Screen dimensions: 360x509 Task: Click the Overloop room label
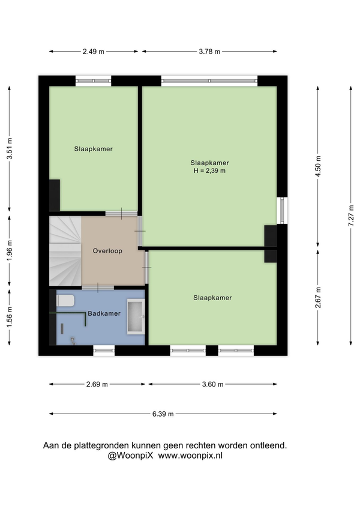pyautogui.click(x=107, y=251)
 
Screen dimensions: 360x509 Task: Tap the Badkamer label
pyautogui.click(x=104, y=313)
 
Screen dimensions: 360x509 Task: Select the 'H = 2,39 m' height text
pyautogui.click(x=209, y=170)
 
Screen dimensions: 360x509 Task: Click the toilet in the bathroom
pyautogui.click(x=65, y=301)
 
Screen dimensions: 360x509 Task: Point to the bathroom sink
pyautogui.click(x=136, y=316)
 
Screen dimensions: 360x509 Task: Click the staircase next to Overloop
pyautogui.click(x=65, y=251)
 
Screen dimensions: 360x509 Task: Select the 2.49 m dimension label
pyautogui.click(x=94, y=52)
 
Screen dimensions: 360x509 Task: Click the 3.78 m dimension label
pyautogui.click(x=209, y=52)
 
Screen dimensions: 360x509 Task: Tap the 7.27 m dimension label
pyautogui.click(x=351, y=216)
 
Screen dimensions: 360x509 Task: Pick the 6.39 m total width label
pyautogui.click(x=163, y=414)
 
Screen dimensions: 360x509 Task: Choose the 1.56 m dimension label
pyautogui.click(x=10, y=317)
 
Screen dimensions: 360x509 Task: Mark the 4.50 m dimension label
pyautogui.click(x=318, y=166)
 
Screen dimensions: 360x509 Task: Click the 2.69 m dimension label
pyautogui.click(x=97, y=384)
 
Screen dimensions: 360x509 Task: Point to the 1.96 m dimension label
pyautogui.click(x=10, y=251)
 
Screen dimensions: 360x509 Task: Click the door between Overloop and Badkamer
pyautogui.click(x=98, y=288)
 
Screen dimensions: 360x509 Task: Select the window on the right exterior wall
pyautogui.click(x=282, y=210)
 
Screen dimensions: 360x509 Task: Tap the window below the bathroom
pyautogui.click(x=104, y=351)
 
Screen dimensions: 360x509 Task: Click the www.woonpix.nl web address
pyautogui.click(x=191, y=456)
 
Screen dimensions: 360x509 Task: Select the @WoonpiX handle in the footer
pyautogui.click(x=130, y=456)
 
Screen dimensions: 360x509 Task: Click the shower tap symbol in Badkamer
pyautogui.click(x=73, y=340)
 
